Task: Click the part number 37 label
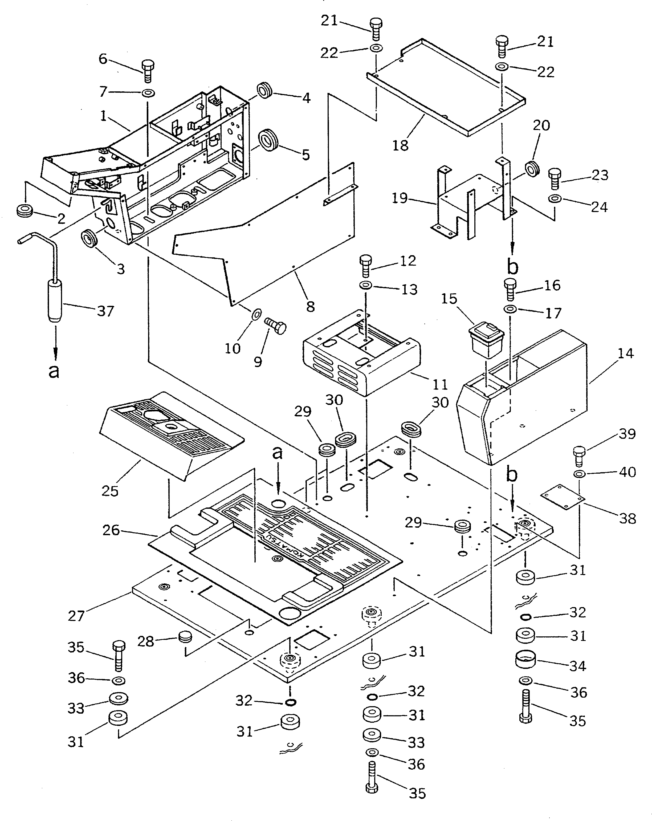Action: (x=105, y=311)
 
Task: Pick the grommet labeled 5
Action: (x=268, y=139)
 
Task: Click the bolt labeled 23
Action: (x=555, y=179)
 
